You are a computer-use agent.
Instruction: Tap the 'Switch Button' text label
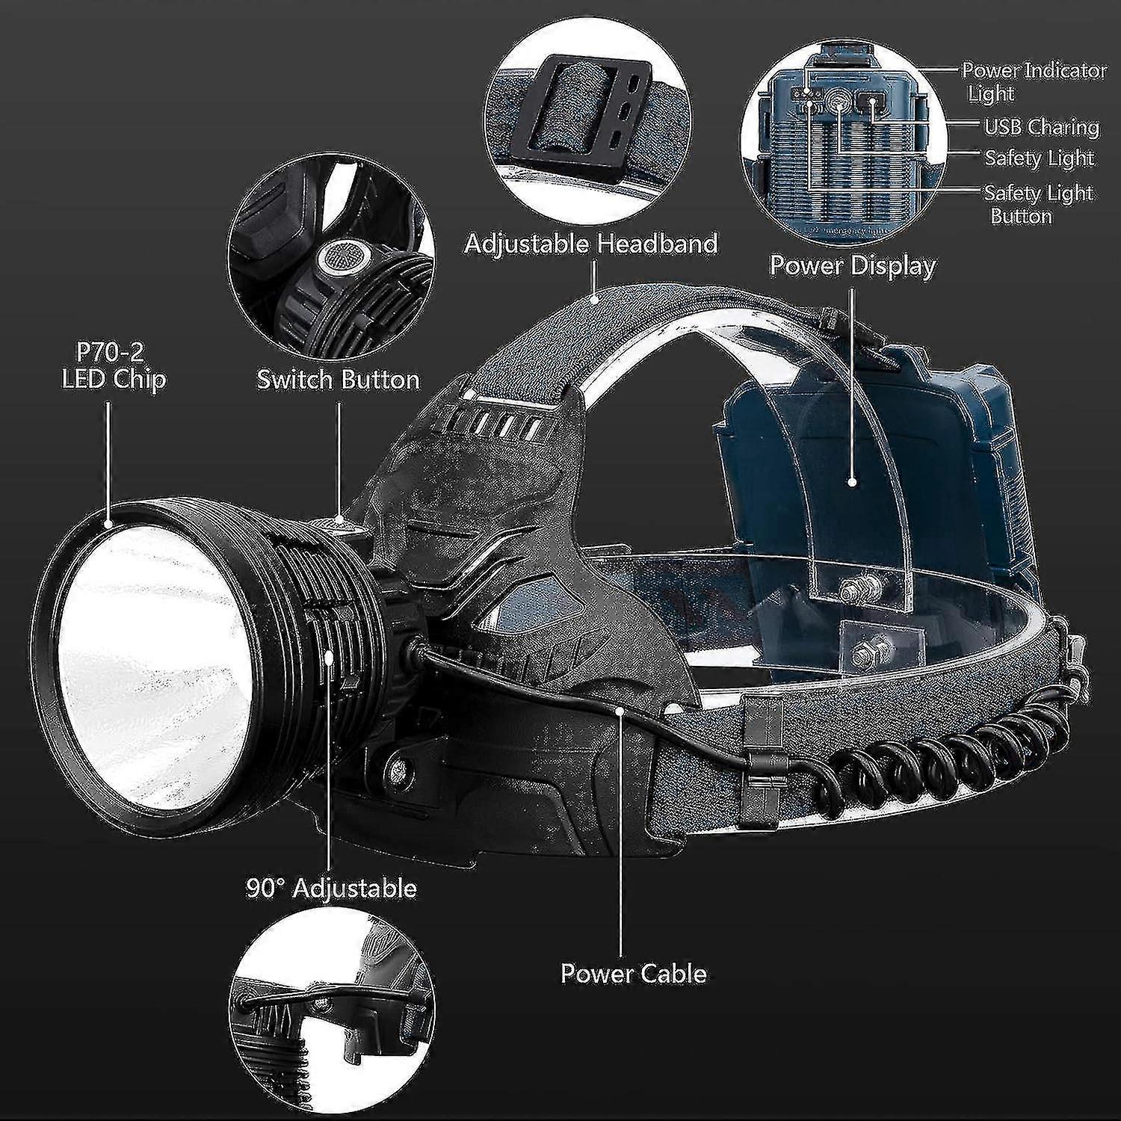click(338, 380)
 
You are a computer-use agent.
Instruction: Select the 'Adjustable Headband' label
click(591, 244)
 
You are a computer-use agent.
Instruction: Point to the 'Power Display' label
click(853, 265)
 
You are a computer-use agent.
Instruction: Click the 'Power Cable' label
click(634, 973)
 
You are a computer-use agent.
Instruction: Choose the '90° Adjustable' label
click(331, 889)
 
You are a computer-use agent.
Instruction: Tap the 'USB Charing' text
click(1041, 127)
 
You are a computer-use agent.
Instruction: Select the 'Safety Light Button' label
click(1038, 204)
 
